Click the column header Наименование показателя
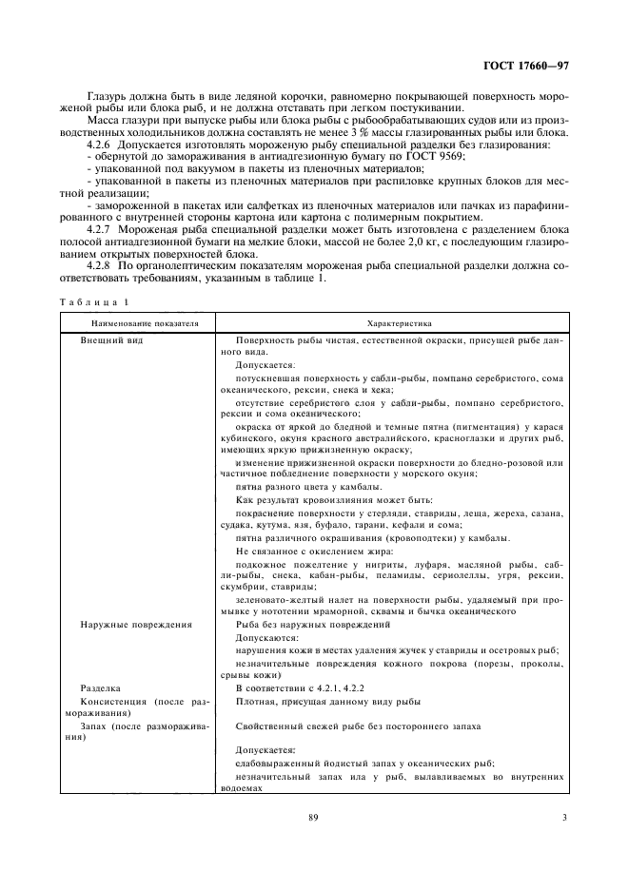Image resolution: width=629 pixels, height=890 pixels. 138,323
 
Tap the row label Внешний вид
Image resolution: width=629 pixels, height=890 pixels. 111,339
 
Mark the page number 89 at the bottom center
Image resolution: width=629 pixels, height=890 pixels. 313,817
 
